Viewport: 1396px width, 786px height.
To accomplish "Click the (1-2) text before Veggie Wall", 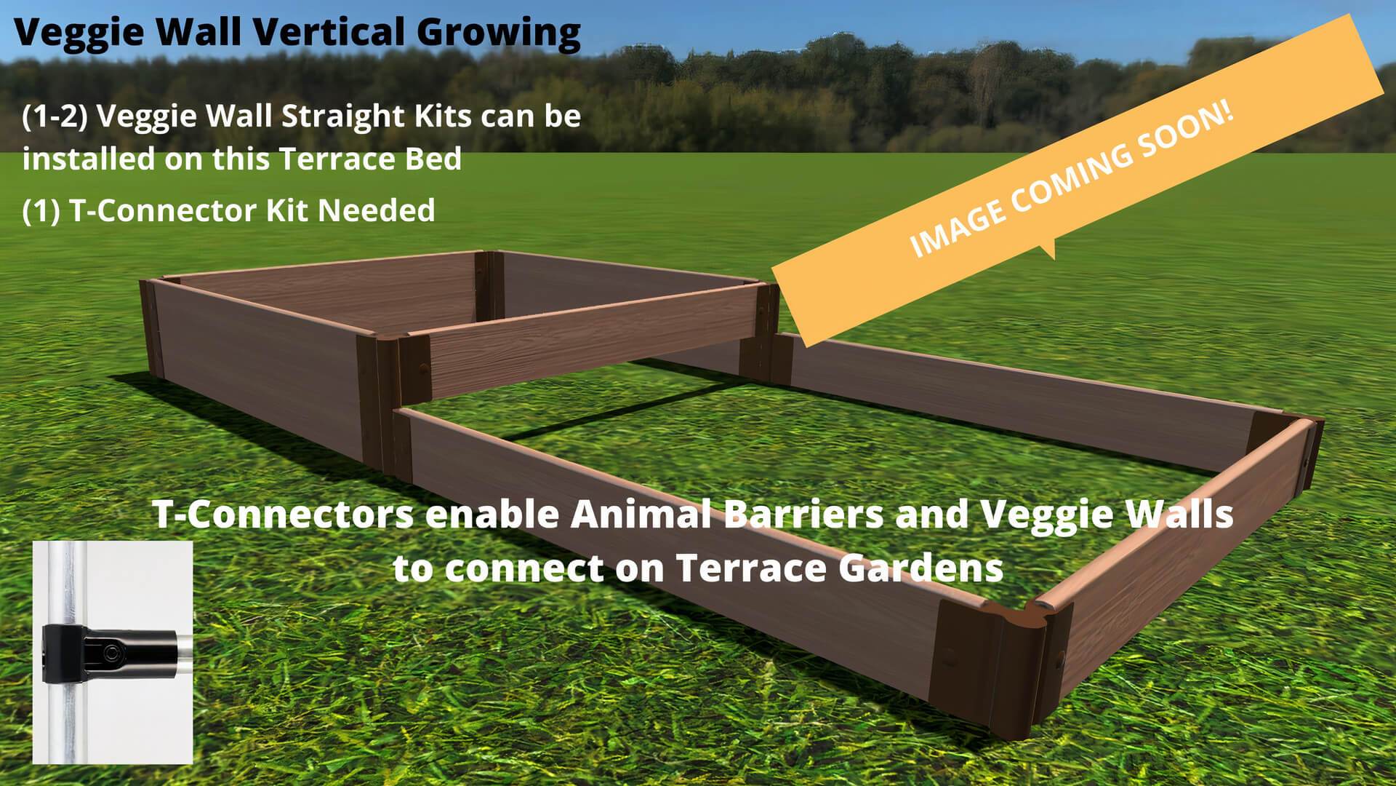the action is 55,116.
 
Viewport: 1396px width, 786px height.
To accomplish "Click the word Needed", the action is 377,210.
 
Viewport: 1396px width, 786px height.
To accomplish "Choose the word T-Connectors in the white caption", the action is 283,514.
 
